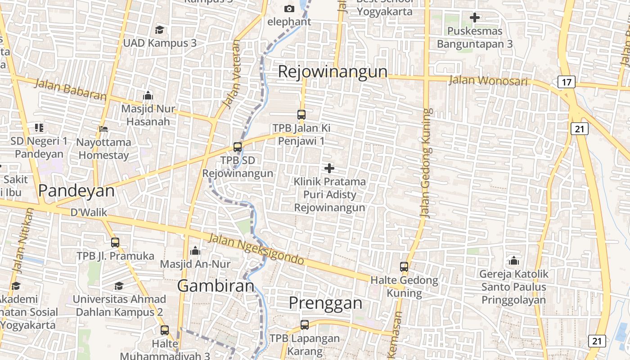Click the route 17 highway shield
(x=566, y=82)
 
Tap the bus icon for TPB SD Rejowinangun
(x=238, y=147)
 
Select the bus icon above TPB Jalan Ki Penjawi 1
(x=301, y=115)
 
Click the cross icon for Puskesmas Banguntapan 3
(x=475, y=18)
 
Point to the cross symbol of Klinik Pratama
(x=329, y=168)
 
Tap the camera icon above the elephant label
(x=289, y=9)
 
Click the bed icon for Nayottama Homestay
(x=103, y=129)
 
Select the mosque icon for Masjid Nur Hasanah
(x=148, y=95)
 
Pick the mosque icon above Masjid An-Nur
(x=195, y=251)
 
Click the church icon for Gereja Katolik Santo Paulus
(x=513, y=261)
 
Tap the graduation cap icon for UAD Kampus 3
(x=159, y=30)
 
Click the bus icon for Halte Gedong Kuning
(x=404, y=267)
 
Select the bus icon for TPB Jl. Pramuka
(x=115, y=243)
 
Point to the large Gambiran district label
(x=216, y=286)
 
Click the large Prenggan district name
(x=325, y=303)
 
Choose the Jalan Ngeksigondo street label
(x=256, y=249)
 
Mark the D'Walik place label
(x=89, y=212)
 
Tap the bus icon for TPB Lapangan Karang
(x=305, y=324)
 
